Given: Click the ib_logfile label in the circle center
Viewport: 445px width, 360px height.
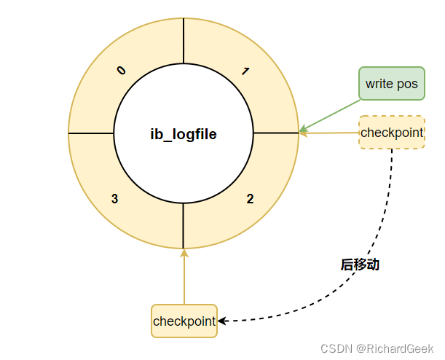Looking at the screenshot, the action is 184,134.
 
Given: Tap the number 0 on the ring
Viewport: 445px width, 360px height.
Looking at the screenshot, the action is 121,71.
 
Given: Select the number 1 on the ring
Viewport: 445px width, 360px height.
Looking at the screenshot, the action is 245,71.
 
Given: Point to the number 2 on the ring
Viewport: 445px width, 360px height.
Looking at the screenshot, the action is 250,198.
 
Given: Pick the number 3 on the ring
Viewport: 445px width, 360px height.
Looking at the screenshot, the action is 115,198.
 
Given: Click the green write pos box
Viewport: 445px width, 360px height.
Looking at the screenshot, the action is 392,84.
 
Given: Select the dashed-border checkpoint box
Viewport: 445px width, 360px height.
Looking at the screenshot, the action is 392,132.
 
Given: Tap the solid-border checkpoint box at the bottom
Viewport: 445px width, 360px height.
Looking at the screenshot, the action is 184,321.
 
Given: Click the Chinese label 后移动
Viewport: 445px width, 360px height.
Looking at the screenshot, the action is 360,265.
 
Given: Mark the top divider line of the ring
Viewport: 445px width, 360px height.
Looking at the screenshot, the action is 184,41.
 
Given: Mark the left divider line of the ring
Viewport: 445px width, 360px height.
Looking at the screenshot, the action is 91,133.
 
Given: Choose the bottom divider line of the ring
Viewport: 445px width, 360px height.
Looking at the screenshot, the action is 184,226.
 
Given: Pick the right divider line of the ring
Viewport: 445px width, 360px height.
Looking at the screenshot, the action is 275,133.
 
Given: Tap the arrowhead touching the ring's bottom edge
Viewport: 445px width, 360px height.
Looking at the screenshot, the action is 184,253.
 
